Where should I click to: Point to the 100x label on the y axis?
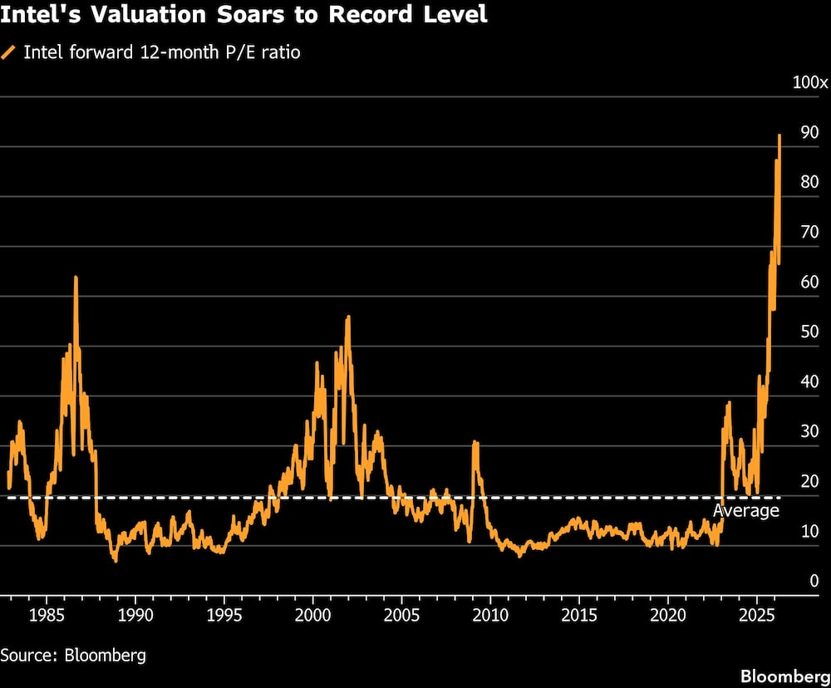pos(809,82)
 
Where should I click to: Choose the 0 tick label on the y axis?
pos(814,582)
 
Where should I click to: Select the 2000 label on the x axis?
pos(312,616)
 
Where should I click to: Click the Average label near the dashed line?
pos(746,510)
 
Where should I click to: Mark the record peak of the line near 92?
pos(779,136)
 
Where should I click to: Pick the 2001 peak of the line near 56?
pos(347,317)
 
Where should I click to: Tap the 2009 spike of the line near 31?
pos(475,443)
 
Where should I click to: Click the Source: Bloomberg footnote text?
pos(73,655)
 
